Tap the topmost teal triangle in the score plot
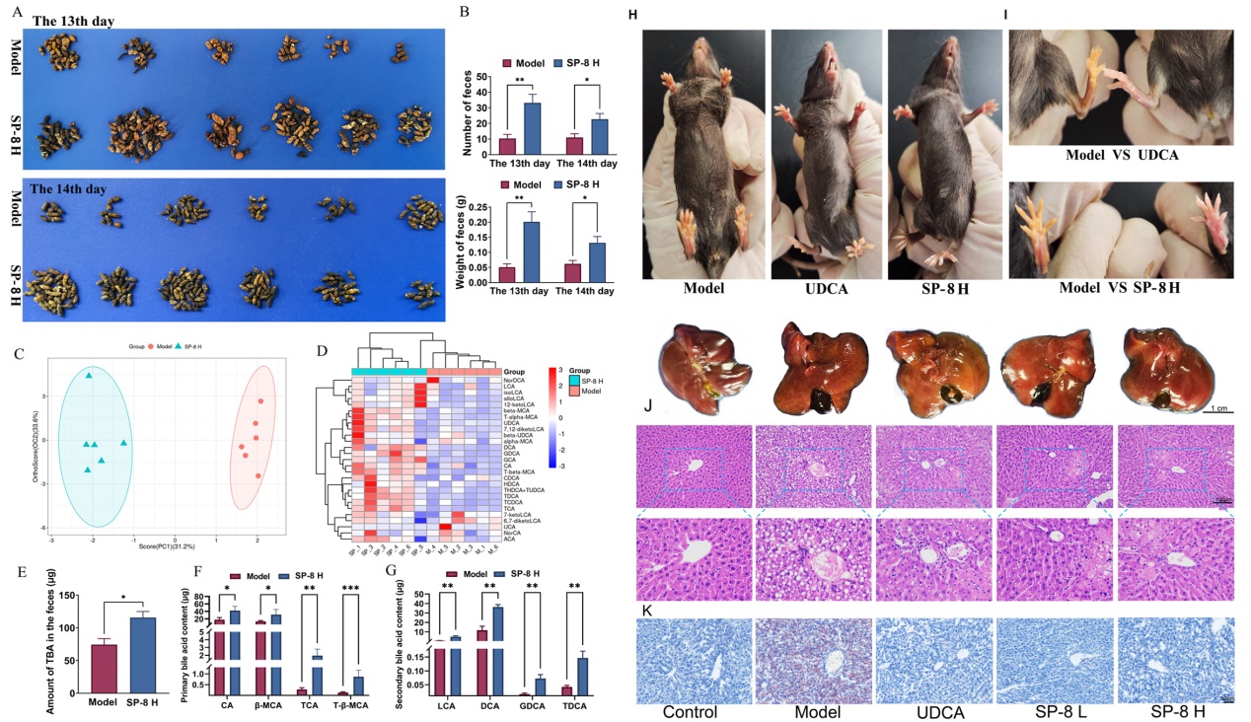[x=89, y=376]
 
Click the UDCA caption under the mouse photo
[x=828, y=289]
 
